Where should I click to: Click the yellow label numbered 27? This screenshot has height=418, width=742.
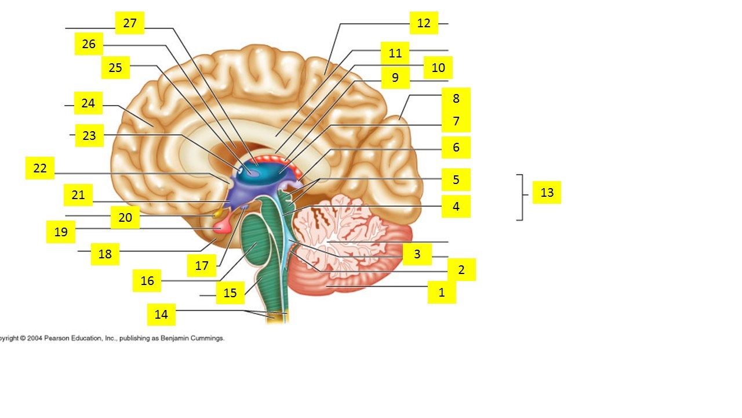coord(129,23)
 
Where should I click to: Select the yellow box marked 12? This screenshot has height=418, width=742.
coord(424,23)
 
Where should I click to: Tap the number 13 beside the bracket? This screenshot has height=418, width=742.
coord(547,192)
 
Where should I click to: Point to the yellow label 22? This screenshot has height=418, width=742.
coord(40,168)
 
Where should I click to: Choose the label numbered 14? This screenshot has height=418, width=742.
coord(161,315)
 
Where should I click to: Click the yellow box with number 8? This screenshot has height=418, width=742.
coord(456,99)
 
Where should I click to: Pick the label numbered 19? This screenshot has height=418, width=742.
coord(61,232)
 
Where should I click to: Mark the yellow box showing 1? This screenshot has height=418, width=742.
coord(442,292)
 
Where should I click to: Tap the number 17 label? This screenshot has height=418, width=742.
coord(202,265)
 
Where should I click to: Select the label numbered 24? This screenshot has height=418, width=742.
coord(88,103)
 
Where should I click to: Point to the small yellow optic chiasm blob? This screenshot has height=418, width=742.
coord(218,212)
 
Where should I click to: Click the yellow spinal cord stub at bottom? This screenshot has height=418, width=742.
coord(277,317)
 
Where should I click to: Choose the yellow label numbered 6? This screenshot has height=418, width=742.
coord(456,147)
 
